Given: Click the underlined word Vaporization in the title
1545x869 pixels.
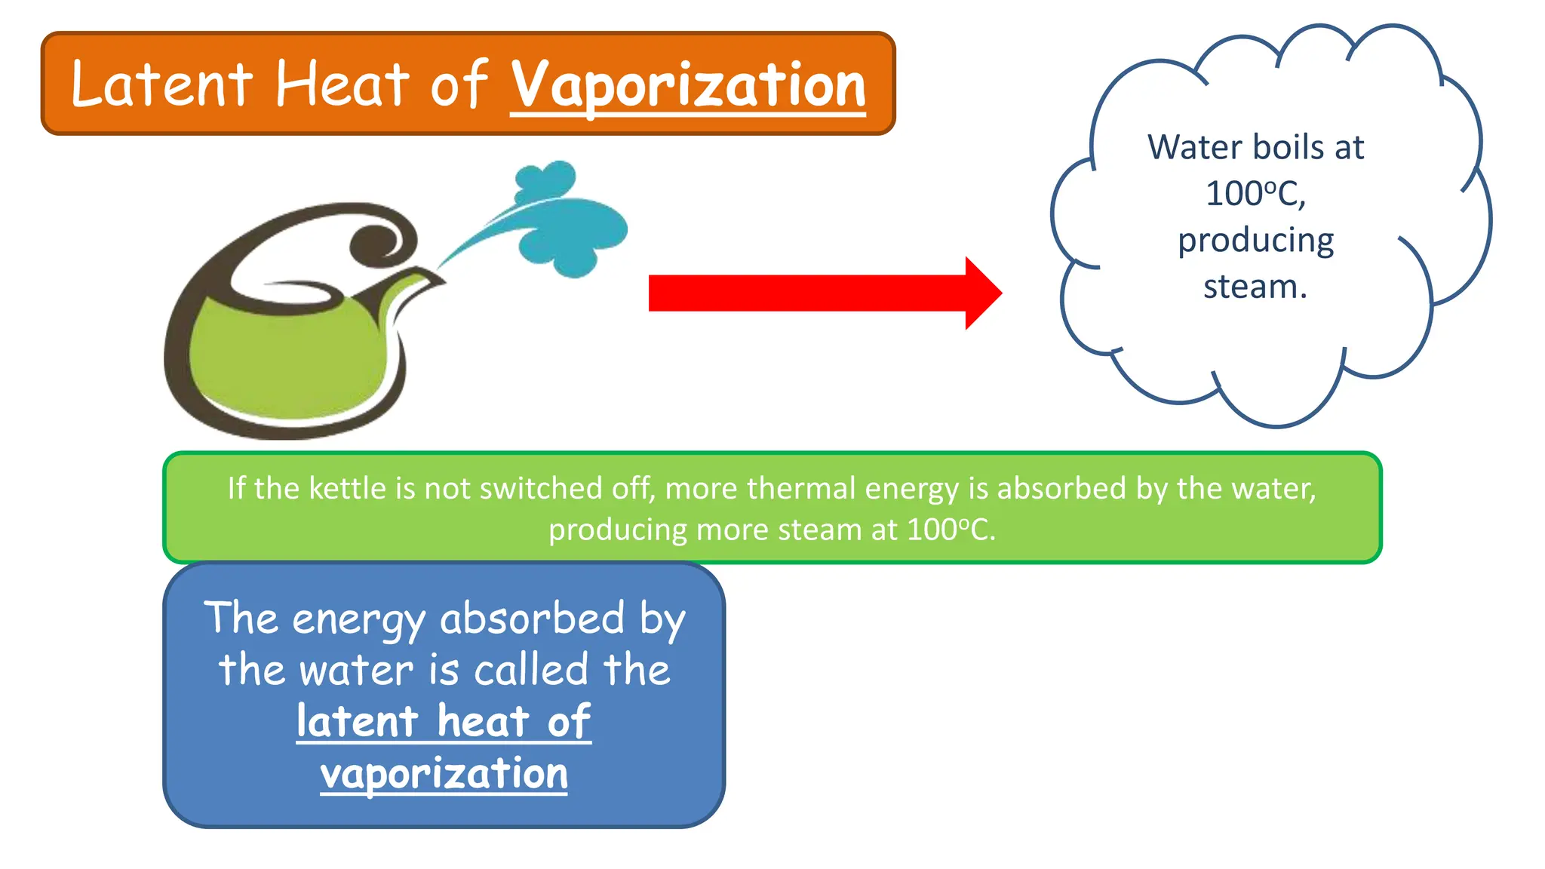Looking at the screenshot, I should pyautogui.click(x=688, y=85).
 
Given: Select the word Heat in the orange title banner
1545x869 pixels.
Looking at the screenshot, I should pyautogui.click(x=342, y=85).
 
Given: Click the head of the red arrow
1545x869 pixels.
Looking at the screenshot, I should pyautogui.click(x=982, y=293).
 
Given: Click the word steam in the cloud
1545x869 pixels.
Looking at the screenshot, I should pyautogui.click(x=1254, y=287).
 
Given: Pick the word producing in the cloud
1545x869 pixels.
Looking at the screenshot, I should pyautogui.click(x=1255, y=241).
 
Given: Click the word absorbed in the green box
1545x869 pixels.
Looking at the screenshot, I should pyautogui.click(x=1061, y=489).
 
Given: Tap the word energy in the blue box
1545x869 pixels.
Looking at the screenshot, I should pyautogui.click(x=358, y=620).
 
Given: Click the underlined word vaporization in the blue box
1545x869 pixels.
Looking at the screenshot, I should pyautogui.click(x=444, y=774).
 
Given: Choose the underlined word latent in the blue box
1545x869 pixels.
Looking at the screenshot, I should pyautogui.click(x=357, y=722).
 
